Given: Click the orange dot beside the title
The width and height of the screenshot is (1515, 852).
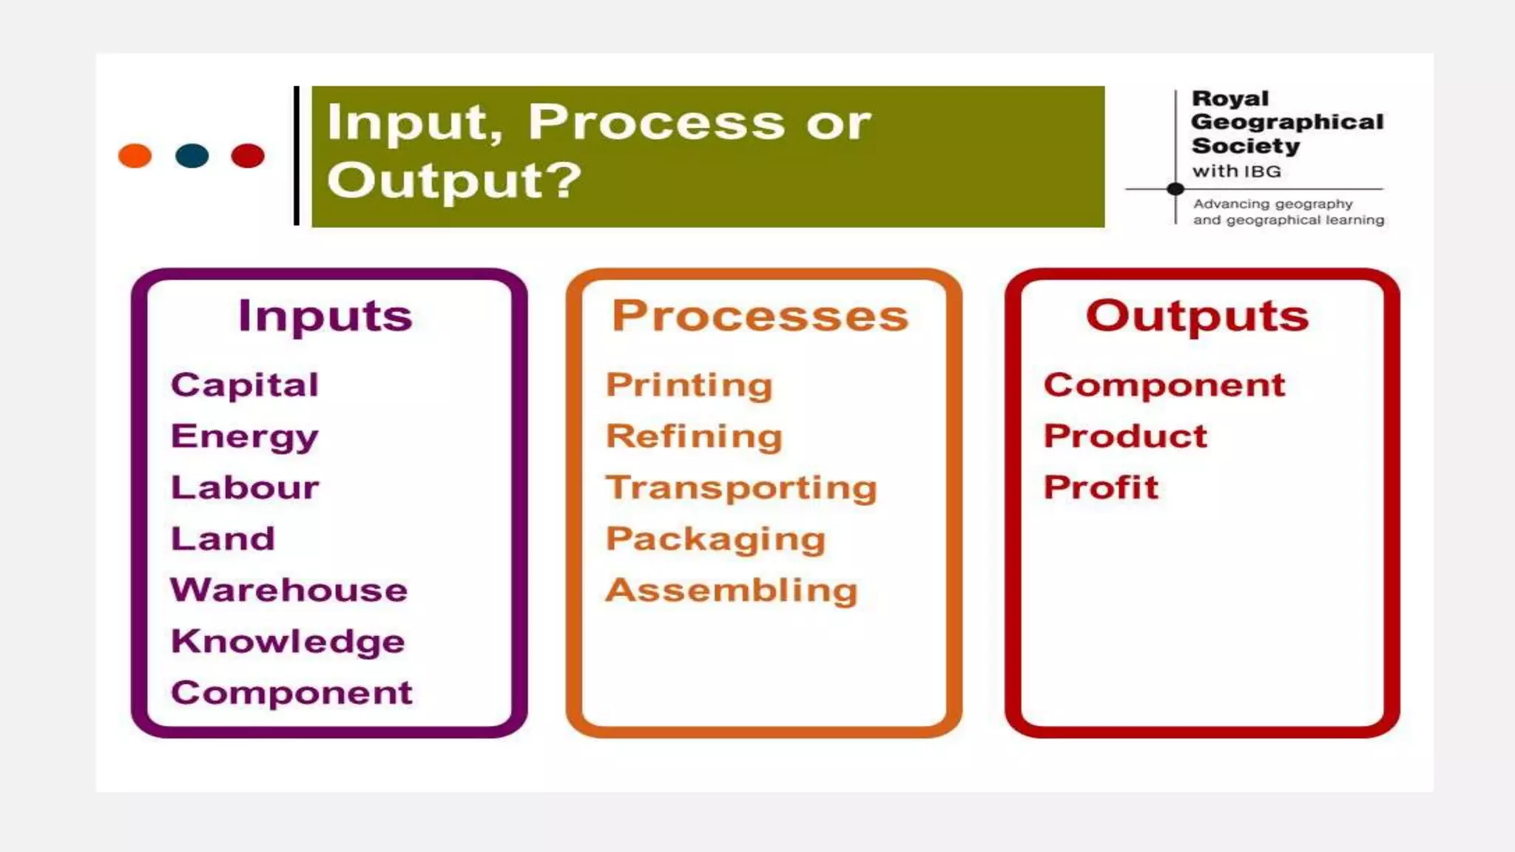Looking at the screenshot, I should [x=135, y=156].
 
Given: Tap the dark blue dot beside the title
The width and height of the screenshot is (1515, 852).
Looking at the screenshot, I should [x=192, y=156].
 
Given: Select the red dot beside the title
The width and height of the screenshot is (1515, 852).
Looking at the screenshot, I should [x=248, y=156].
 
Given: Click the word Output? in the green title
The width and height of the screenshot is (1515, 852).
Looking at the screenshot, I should [x=454, y=180].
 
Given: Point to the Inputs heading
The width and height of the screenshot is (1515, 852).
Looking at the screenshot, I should [x=325, y=317].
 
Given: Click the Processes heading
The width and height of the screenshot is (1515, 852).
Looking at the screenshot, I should [x=760, y=317].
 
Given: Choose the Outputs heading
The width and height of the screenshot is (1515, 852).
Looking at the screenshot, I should [x=1197, y=317].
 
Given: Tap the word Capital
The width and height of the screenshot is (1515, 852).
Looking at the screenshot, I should [x=245, y=385].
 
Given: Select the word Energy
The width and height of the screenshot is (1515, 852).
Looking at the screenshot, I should [x=245, y=436].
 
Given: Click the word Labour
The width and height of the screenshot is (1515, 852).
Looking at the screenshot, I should [x=245, y=487].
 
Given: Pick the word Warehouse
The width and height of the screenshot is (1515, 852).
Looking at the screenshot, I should [x=289, y=590].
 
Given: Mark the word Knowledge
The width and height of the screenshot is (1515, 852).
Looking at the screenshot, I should [x=288, y=641].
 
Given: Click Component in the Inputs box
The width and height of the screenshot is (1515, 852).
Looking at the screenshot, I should [x=291, y=693].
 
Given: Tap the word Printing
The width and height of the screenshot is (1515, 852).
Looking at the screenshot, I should [x=689, y=385].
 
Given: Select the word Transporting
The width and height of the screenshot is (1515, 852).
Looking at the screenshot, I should [x=741, y=488].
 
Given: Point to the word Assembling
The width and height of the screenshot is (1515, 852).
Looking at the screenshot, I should [x=732, y=590].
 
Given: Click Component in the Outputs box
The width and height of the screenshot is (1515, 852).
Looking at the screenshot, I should [x=1164, y=385].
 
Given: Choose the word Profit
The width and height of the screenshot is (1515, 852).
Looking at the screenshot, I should [x=1101, y=487].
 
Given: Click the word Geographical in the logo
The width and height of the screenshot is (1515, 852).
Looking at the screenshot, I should [x=1287, y=122].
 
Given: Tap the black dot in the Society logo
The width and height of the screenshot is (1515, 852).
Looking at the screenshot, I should [x=1175, y=189].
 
